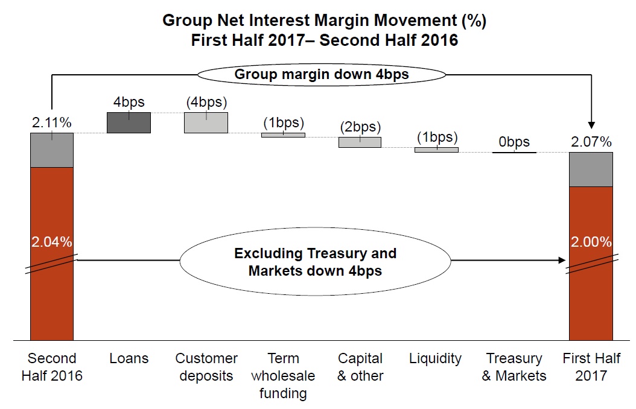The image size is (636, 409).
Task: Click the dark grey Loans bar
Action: (129, 123)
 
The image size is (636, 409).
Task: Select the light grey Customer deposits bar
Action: (206, 123)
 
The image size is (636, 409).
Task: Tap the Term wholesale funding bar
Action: (283, 135)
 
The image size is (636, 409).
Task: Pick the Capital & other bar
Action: (360, 142)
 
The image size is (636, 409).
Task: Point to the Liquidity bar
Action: (436, 150)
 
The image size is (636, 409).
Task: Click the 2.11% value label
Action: (52, 122)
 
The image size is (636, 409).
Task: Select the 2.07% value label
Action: (591, 142)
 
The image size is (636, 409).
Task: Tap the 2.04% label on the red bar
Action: (52, 242)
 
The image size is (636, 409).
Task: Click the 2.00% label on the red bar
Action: (591, 242)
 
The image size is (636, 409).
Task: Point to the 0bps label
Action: (514, 142)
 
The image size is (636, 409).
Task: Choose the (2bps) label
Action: (360, 127)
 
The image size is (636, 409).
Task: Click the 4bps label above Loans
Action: (129, 102)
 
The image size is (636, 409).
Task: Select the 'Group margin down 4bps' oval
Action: (322, 75)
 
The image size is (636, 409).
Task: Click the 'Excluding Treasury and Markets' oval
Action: (315, 261)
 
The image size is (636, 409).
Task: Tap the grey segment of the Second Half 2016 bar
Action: (52, 150)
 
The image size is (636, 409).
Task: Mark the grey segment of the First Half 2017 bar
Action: (591, 170)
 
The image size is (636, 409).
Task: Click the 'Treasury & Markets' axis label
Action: (514, 367)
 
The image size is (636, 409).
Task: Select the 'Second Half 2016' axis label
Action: (52, 367)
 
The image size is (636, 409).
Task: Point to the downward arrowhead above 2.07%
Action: (591, 125)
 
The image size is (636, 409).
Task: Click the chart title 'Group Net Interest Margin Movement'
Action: (325, 21)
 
